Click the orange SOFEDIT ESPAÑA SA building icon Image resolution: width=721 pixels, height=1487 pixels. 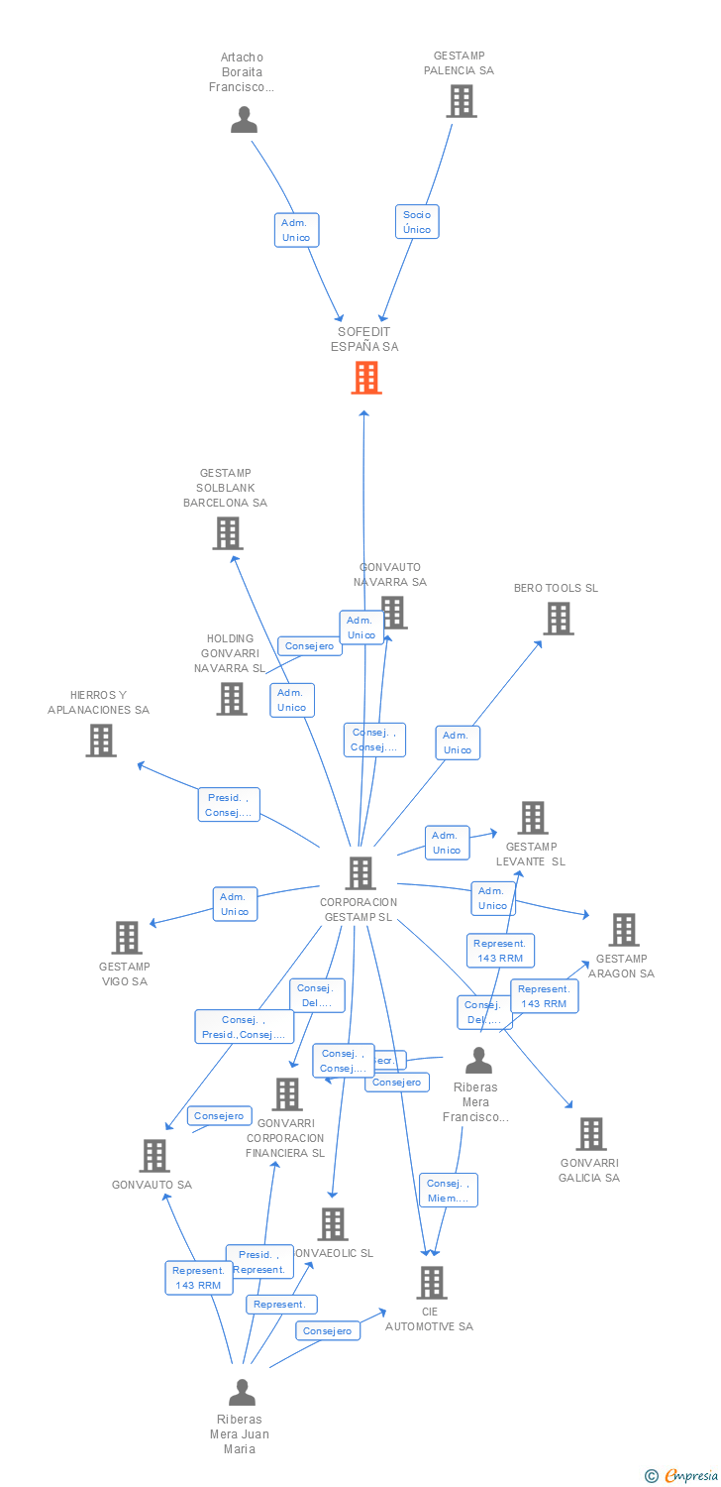click(x=366, y=377)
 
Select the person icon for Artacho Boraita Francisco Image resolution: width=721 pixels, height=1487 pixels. click(x=244, y=120)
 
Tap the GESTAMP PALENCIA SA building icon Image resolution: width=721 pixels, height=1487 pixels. click(x=461, y=101)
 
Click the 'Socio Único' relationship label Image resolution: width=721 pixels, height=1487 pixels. click(x=417, y=222)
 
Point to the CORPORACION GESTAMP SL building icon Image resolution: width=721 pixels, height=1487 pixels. click(x=360, y=873)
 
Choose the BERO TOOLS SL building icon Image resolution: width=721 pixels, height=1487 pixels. click(x=559, y=619)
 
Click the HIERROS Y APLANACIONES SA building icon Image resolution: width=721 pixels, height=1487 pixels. click(x=100, y=741)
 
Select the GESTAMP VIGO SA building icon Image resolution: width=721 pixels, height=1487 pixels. click(x=127, y=938)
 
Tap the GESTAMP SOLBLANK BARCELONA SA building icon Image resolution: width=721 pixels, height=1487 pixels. click(x=228, y=533)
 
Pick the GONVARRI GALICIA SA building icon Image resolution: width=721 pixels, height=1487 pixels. click(x=591, y=1134)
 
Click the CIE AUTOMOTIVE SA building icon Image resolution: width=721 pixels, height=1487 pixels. click(x=432, y=1283)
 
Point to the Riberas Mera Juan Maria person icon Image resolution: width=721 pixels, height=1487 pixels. click(x=242, y=1393)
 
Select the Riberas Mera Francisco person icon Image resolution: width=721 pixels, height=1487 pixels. click(x=479, y=1061)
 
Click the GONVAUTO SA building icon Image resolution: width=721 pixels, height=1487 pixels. click(x=154, y=1156)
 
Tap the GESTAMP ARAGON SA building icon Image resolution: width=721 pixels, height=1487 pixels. click(x=624, y=930)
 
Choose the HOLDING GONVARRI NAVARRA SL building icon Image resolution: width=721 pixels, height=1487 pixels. click(x=232, y=699)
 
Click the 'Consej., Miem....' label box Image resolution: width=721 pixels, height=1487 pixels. click(x=449, y=1191)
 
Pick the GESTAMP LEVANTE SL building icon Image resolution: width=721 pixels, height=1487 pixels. click(x=533, y=818)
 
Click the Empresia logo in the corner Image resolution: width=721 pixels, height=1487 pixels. click(x=681, y=1476)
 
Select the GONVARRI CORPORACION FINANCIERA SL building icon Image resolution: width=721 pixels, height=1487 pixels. click(x=287, y=1094)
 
